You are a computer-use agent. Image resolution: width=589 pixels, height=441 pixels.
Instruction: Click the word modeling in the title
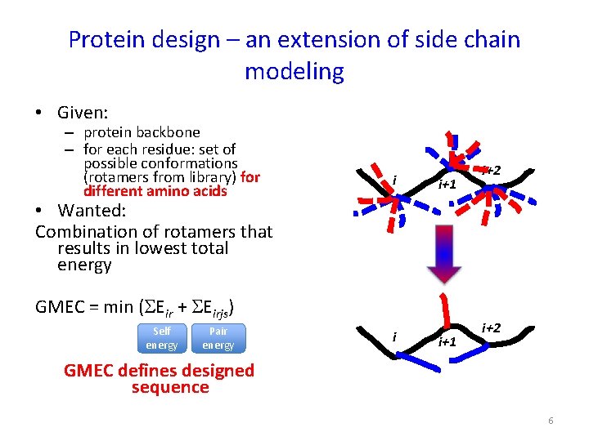point(294,71)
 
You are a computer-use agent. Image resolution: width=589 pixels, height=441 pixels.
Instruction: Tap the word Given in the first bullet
point(83,112)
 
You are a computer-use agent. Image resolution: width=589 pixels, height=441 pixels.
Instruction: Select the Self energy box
point(162,338)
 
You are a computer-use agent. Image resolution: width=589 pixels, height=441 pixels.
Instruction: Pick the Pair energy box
point(218,338)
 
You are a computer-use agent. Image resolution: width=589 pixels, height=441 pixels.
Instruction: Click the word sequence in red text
point(170,387)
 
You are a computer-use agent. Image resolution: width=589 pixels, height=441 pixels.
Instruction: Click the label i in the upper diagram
point(394,180)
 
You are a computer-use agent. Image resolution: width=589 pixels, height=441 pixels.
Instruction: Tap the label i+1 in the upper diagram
point(447,185)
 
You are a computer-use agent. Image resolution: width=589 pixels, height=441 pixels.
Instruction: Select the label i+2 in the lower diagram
point(492,328)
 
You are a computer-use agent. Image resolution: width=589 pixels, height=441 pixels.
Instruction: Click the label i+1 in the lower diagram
point(447,341)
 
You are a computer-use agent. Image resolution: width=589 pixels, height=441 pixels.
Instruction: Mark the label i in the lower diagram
point(394,336)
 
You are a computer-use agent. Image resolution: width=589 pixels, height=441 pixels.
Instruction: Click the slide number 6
point(551,420)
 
